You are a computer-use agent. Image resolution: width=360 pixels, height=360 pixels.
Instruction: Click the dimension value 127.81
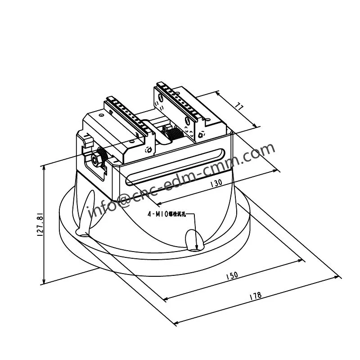point(40,225)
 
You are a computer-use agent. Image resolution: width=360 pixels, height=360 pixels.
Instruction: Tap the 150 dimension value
point(232,275)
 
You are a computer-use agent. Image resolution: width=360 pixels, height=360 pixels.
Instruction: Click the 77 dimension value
point(240,107)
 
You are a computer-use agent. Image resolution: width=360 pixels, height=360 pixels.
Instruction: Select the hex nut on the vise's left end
point(95,158)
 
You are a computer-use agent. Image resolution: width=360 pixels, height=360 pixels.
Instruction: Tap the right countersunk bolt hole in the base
point(193,240)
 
